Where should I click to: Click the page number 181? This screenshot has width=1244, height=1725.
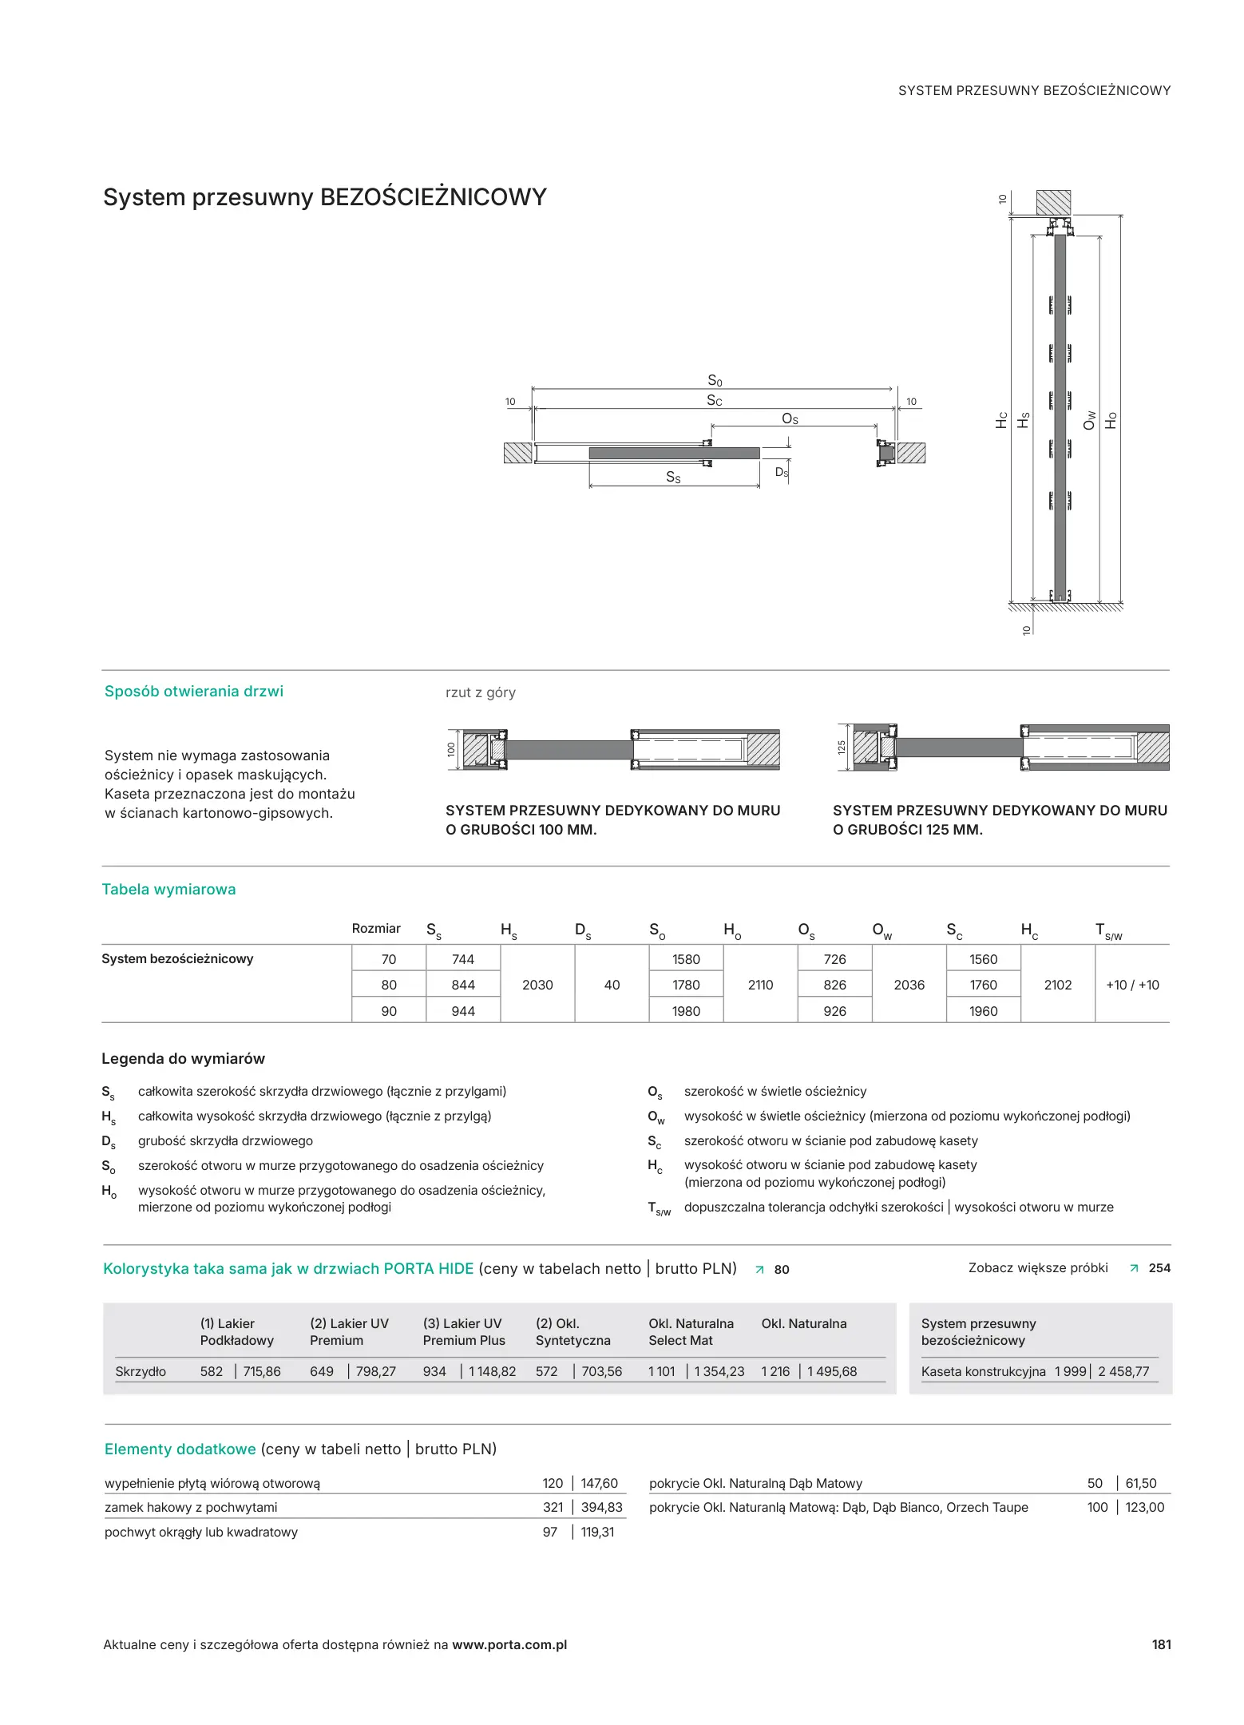pos(1161,1644)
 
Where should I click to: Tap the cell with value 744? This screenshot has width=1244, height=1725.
pos(462,959)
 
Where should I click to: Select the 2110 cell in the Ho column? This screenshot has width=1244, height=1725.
pos(760,985)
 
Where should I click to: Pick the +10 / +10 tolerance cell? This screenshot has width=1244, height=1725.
pos(1132,985)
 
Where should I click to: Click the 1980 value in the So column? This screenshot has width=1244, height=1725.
pos(686,1011)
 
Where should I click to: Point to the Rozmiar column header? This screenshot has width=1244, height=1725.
pos(376,928)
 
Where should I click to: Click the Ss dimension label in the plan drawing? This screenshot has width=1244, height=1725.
pos(673,477)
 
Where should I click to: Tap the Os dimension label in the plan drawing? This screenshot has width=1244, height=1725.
pos(790,418)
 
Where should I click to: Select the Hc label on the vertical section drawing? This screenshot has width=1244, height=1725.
pos(1002,420)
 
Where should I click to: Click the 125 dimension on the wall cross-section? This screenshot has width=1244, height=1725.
pos(841,747)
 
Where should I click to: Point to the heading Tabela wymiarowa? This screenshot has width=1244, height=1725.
pos(168,889)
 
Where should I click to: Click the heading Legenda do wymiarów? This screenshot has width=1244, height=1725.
pos(183,1058)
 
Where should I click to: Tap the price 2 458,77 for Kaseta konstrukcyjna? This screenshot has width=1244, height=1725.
pos(1123,1371)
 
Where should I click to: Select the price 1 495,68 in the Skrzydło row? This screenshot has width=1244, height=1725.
pos(831,1371)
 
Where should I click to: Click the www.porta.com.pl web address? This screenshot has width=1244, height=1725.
pos(509,1644)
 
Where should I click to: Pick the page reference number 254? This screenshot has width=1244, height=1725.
pos(1159,1267)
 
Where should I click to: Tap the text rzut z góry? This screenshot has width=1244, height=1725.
pos(481,692)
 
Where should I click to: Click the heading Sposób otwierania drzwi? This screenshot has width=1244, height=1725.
pos(194,691)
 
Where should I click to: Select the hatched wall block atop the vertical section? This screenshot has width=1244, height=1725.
pos(1053,202)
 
